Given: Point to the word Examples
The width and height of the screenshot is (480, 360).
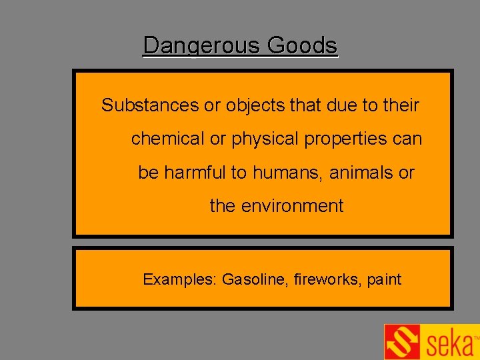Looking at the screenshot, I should pos(179,279).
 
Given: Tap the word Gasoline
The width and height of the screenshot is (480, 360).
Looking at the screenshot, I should pos(255,279).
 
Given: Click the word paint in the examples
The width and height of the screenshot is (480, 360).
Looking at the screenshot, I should pos(384,279).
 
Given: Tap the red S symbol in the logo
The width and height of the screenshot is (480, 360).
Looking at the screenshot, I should pos(402,342).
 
